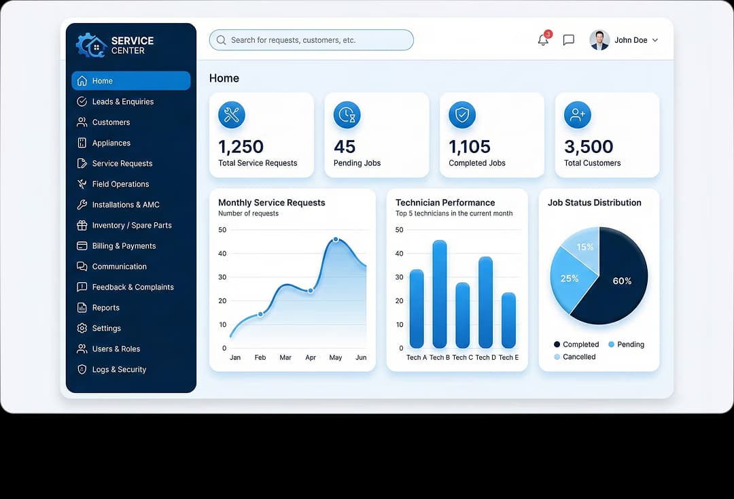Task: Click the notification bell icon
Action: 543,40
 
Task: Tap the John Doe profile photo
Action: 599,40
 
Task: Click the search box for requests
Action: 311,40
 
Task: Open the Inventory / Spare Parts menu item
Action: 131,226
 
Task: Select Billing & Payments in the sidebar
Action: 124,246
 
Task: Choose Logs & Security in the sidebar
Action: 119,370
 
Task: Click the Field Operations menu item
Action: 120,184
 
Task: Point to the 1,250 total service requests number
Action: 241,146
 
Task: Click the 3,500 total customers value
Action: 589,146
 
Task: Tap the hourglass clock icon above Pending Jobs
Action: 347,115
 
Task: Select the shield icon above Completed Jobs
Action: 462,115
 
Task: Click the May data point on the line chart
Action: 336,239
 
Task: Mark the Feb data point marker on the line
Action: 260,314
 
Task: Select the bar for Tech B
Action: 440,294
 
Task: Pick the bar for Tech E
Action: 508,320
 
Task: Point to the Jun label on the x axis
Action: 361,358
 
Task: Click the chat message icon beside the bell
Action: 569,40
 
